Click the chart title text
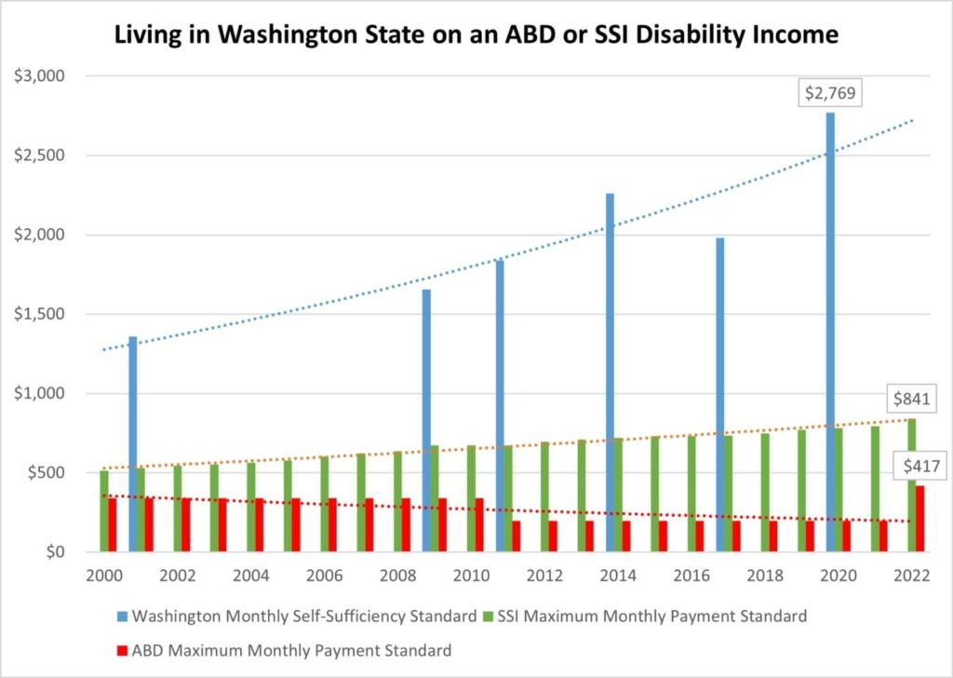[x=476, y=35]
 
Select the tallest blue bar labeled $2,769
[x=829, y=326]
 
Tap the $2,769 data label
[x=829, y=93]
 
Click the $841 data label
[x=913, y=400]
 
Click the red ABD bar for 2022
[x=919, y=519]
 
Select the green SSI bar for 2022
[x=911, y=485]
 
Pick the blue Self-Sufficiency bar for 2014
[x=611, y=373]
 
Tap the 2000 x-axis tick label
[x=104, y=576]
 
